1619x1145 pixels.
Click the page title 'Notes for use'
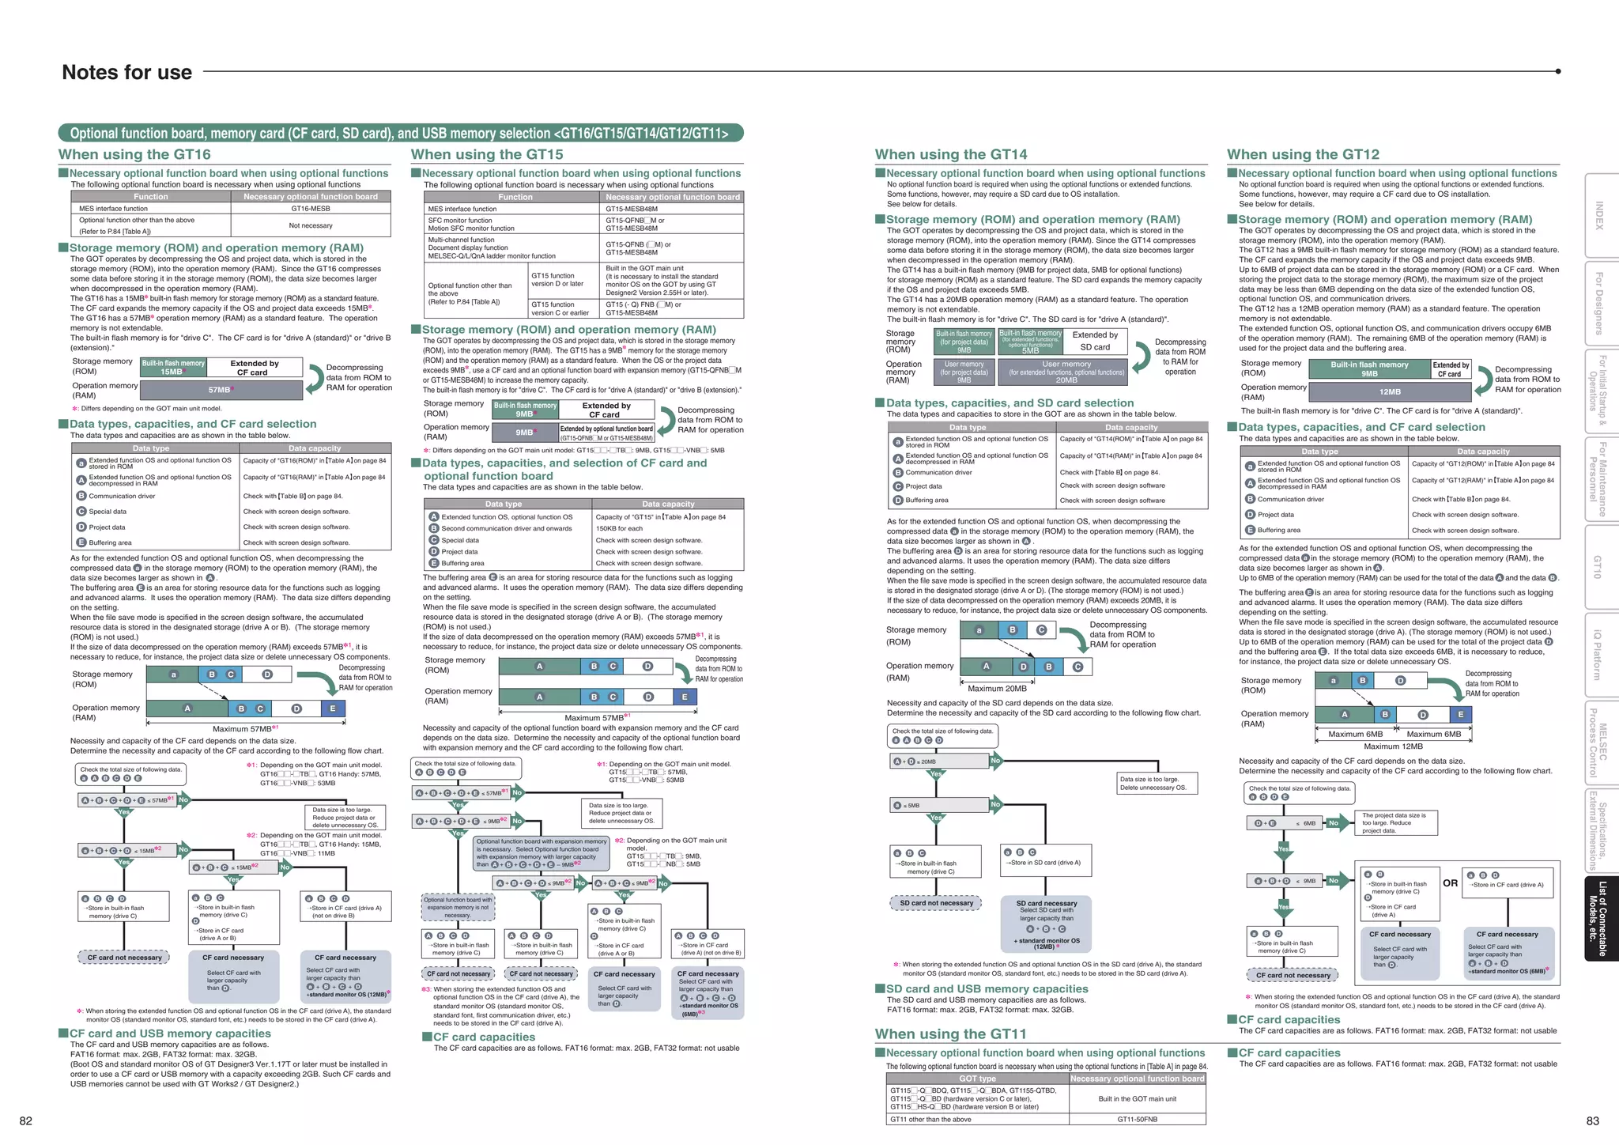[126, 73]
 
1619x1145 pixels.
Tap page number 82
[26, 1120]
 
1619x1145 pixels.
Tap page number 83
[1592, 1120]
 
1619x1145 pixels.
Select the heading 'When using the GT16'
[134, 155]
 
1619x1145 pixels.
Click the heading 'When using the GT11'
[950, 1034]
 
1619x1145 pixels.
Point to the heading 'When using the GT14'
[951, 155]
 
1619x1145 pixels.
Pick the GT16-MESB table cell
[311, 209]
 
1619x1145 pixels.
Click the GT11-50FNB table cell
[1137, 1119]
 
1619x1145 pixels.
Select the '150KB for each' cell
[619, 528]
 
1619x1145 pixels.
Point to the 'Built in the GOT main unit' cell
[1137, 1098]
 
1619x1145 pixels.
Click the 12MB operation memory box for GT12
[1390, 391]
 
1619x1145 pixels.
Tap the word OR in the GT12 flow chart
[1450, 883]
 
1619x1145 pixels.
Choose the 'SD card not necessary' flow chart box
[936, 903]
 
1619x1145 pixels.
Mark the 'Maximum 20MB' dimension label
[997, 688]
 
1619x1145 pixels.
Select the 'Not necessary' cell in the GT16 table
[311, 225]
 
